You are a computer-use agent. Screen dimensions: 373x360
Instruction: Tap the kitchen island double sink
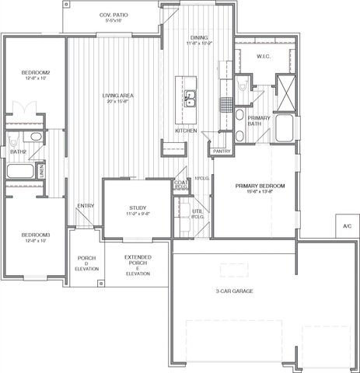189,99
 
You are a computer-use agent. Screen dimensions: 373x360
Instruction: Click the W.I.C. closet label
262,56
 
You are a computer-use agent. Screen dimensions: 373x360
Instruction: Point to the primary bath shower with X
285,89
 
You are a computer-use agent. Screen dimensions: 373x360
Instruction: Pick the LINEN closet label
40,169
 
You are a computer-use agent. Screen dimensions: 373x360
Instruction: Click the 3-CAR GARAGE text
234,291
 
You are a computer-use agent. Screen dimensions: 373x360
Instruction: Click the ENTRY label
86,206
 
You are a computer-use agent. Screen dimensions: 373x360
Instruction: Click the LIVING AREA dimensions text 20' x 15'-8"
114,103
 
